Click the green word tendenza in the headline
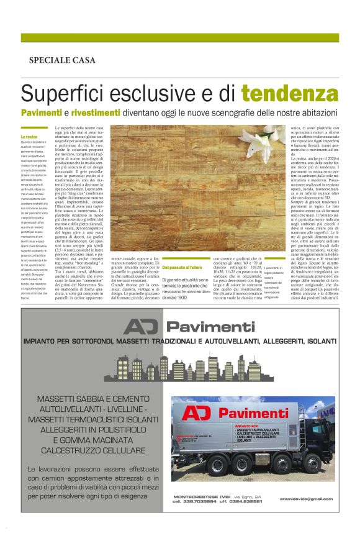(290, 94)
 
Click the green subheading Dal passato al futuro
(183, 250)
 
